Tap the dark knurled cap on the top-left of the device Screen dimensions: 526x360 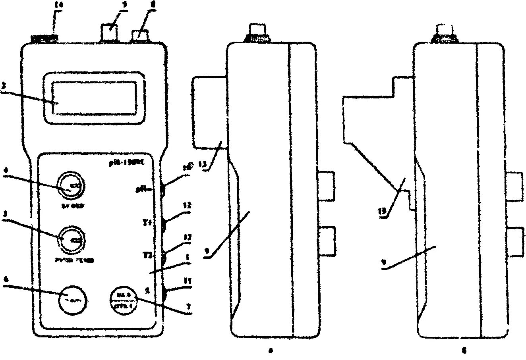44,39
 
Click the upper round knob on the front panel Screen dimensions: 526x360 71,186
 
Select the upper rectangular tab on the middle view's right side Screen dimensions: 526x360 328,185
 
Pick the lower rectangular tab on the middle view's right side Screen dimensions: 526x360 328,241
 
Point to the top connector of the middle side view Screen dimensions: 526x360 258,32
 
